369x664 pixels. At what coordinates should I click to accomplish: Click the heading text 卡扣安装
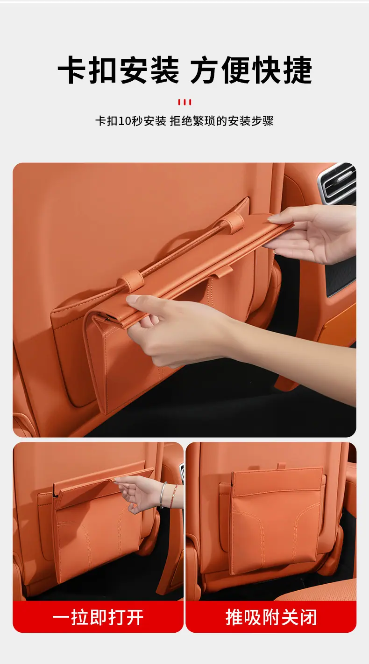(x=118, y=70)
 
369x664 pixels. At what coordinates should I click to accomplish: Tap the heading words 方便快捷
(x=251, y=70)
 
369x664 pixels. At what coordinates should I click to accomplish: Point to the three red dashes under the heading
(x=184, y=102)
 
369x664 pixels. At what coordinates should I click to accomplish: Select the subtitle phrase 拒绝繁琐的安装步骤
(x=221, y=121)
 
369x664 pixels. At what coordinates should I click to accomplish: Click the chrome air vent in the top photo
(x=338, y=184)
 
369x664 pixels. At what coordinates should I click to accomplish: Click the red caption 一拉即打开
(x=98, y=617)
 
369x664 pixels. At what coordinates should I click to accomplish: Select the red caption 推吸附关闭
(x=271, y=617)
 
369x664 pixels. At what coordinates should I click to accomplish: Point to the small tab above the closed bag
(x=282, y=465)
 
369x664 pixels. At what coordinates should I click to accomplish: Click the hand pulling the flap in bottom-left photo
(x=142, y=494)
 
